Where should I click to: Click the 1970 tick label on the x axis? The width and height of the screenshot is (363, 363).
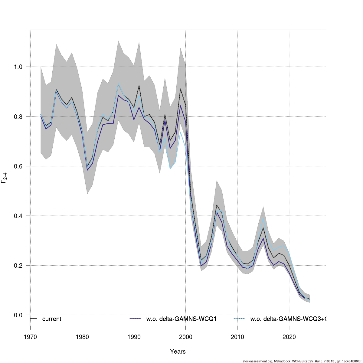pos(30,337)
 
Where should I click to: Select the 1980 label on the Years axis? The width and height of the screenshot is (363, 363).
pos(82,337)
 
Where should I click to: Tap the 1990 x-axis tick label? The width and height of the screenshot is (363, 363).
pos(134,337)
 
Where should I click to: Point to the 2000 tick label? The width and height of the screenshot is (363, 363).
pos(185,337)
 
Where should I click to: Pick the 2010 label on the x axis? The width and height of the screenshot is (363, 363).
pos(237,337)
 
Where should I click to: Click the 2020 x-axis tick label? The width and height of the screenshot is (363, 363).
pos(289,337)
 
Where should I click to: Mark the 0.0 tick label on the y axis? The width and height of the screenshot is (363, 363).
pos(18,315)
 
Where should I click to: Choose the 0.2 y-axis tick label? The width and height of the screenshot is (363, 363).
pos(18,266)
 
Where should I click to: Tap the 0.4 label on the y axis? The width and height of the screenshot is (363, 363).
pos(18,216)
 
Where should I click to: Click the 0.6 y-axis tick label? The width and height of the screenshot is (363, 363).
pos(18,166)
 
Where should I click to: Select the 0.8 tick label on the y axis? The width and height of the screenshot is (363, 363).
pos(18,117)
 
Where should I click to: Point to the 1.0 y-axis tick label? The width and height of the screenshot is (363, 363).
pos(18,67)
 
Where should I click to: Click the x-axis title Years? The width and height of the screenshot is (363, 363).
pos(178,352)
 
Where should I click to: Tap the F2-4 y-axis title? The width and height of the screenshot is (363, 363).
pos(4,178)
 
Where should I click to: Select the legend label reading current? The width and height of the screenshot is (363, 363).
pos(52,319)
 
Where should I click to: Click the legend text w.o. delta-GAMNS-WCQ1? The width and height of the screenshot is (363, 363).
pos(181,319)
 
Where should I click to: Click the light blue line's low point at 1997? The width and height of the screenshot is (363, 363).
pos(170,169)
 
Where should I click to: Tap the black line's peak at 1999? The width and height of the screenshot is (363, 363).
pos(180,89)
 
